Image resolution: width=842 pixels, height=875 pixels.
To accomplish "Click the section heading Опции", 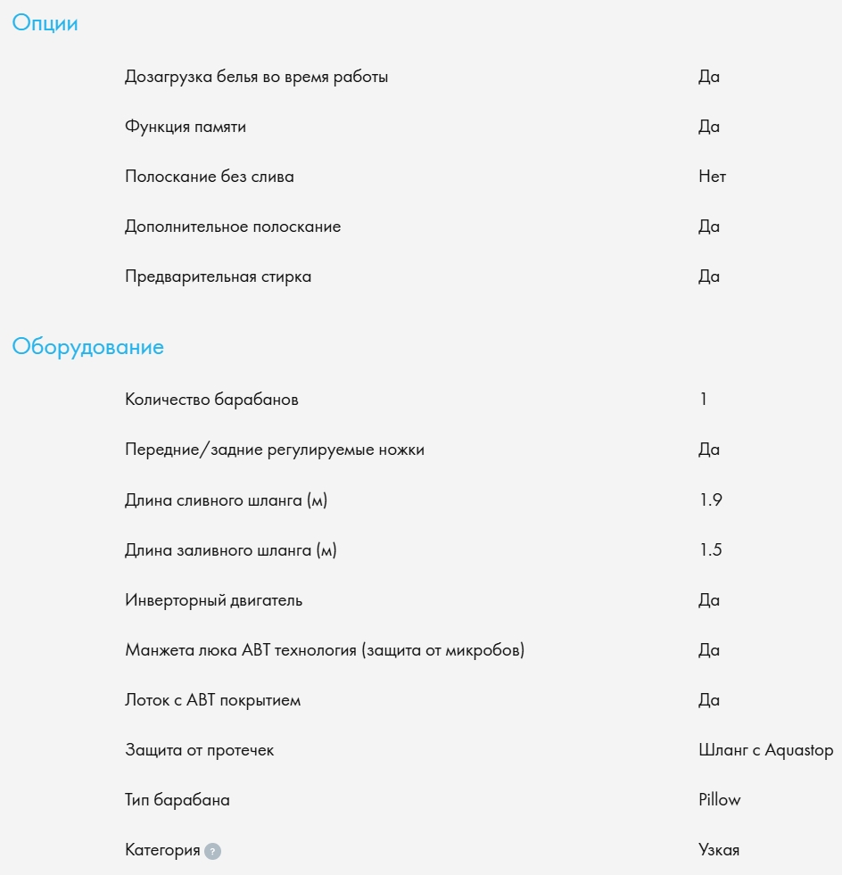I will (x=45, y=24).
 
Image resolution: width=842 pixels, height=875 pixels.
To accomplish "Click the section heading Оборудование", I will (x=87, y=347).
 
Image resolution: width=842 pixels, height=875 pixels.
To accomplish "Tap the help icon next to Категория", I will (x=212, y=851).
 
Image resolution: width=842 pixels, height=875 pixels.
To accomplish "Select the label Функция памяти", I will (x=186, y=127).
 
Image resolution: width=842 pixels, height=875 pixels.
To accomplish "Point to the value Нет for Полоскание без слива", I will (x=712, y=177).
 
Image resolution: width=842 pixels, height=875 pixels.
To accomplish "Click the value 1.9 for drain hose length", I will (x=710, y=499).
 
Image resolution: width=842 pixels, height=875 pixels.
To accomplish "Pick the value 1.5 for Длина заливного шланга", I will (x=710, y=549).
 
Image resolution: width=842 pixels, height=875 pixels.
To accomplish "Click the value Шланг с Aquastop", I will (x=765, y=750).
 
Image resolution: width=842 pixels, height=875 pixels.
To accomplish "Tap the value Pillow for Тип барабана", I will (x=719, y=800).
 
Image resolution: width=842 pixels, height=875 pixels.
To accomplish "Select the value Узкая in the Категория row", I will (x=718, y=850).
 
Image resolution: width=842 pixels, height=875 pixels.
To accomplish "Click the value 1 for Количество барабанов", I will (x=704, y=400).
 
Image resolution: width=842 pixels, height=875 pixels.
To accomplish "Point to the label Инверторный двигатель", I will (x=213, y=600).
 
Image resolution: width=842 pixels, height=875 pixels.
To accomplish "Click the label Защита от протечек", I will (x=199, y=750).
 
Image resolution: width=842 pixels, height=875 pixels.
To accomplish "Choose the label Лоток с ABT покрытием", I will (x=212, y=700).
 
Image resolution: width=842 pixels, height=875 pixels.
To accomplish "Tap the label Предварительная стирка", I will (x=218, y=277).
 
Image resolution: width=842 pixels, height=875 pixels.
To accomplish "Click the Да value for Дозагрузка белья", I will (x=708, y=77).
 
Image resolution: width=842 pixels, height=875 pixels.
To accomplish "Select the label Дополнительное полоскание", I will (x=233, y=227).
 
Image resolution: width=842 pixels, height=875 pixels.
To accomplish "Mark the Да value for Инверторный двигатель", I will (x=708, y=600).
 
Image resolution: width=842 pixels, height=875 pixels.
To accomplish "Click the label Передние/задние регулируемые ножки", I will (x=274, y=450).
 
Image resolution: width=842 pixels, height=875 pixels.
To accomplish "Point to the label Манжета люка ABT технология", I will (x=325, y=650).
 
